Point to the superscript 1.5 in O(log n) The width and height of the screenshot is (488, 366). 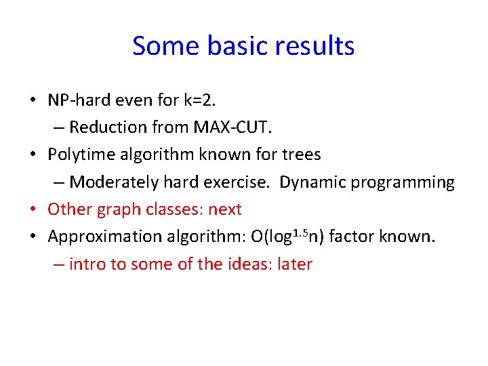tap(302, 232)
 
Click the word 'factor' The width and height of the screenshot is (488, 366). tap(363, 237)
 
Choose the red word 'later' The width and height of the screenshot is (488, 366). tap(294, 264)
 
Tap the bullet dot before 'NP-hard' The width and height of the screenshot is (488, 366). tap(33, 100)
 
